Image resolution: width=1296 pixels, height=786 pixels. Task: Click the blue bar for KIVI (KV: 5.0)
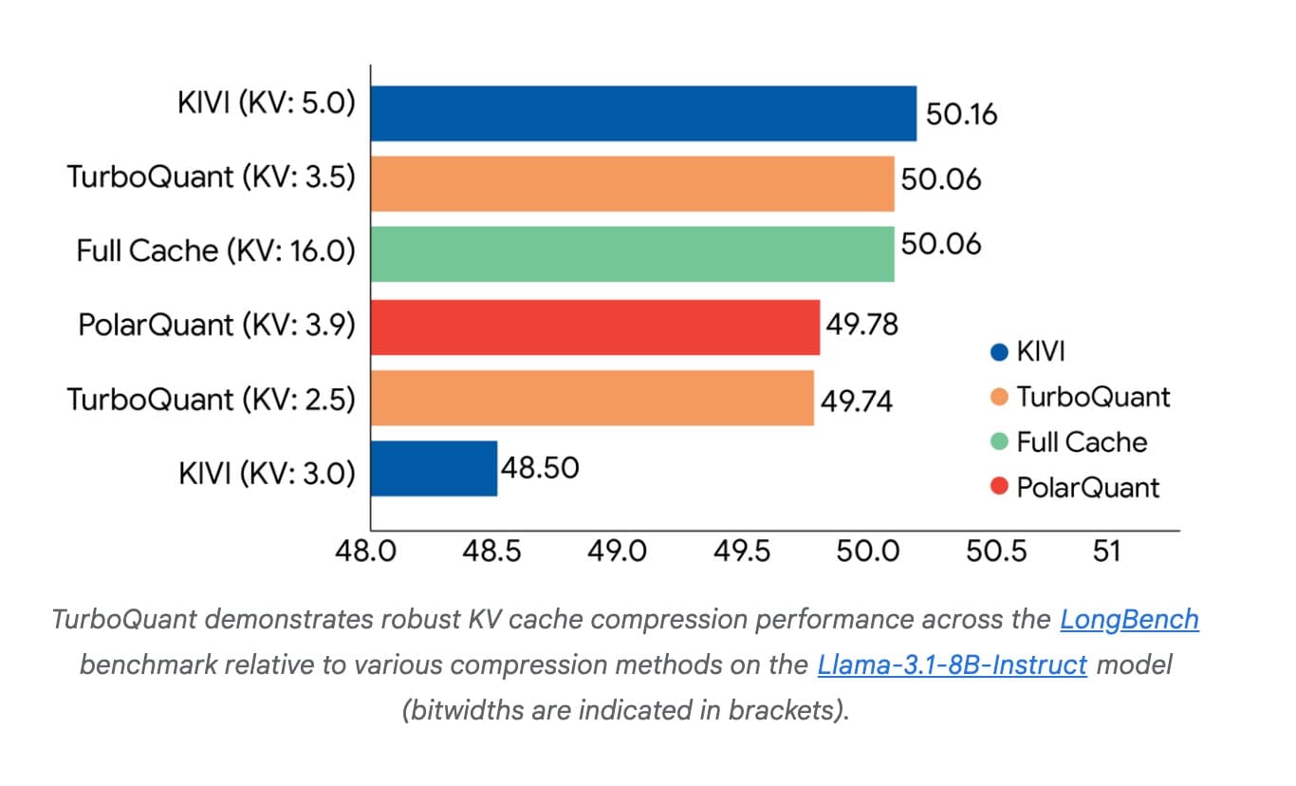pyautogui.click(x=643, y=113)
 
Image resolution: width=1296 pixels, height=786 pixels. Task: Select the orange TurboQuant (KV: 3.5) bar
pyautogui.click(x=632, y=183)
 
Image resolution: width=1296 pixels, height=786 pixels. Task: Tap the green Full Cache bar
pyautogui.click(x=632, y=253)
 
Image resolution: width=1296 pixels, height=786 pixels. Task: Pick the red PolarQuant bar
pyautogui.click(x=595, y=327)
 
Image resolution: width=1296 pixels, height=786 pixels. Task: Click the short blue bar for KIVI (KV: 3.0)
pyautogui.click(x=434, y=468)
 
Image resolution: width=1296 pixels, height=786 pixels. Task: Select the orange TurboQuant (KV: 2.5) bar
pyautogui.click(x=592, y=398)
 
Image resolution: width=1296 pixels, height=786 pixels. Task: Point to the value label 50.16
pyautogui.click(x=961, y=115)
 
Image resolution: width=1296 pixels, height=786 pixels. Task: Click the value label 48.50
pyautogui.click(x=540, y=467)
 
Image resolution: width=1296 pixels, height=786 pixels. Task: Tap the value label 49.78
pyautogui.click(x=861, y=325)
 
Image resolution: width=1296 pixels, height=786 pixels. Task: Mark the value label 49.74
pyautogui.click(x=857, y=401)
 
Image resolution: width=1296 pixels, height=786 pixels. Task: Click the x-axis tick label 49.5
pyautogui.click(x=742, y=552)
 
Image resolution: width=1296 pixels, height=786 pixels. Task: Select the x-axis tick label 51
pyautogui.click(x=1106, y=552)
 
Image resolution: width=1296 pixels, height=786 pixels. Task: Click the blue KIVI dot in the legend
pyautogui.click(x=998, y=352)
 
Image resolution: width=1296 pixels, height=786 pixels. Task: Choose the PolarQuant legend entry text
pyautogui.click(x=1087, y=488)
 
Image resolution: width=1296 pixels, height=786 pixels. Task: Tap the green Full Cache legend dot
pyautogui.click(x=998, y=443)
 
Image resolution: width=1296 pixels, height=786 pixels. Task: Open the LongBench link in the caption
pyautogui.click(x=1129, y=620)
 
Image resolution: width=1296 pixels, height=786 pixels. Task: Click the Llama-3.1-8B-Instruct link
pyautogui.click(x=952, y=664)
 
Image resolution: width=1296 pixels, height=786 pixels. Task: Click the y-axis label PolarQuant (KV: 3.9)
pyautogui.click(x=216, y=325)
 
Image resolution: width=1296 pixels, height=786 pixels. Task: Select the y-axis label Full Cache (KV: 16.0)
pyautogui.click(x=215, y=252)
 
